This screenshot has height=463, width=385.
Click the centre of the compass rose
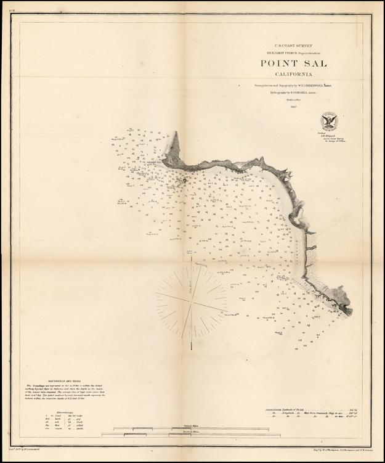pos(191,300)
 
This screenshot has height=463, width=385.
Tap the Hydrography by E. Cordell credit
pos(285,93)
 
